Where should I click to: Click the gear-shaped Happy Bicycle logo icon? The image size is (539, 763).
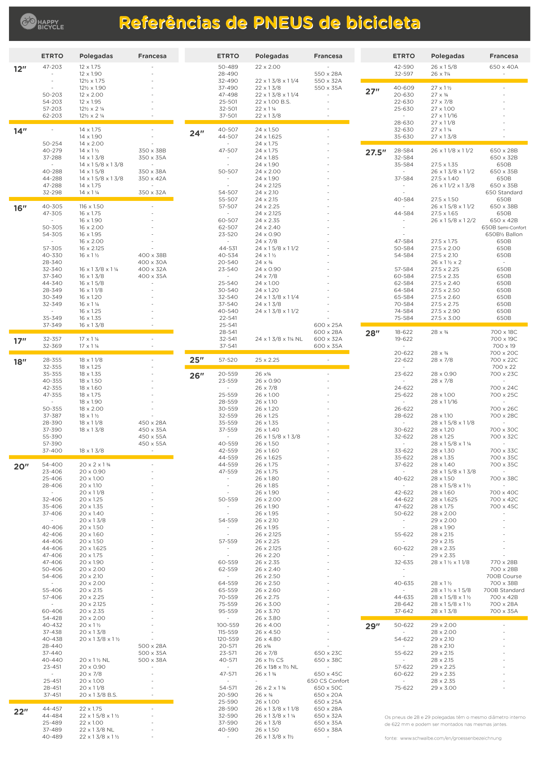pyautogui.click(x=28, y=21)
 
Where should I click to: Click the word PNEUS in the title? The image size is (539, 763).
pyautogui.click(x=283, y=23)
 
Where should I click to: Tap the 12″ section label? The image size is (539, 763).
pyautogui.click(x=20, y=69)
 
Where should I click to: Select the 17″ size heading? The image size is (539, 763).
pyautogui.click(x=20, y=341)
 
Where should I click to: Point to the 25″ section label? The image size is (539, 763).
pyautogui.click(x=197, y=360)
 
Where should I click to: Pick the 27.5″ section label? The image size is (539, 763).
pyautogui.click(x=376, y=152)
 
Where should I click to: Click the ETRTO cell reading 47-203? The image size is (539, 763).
pyautogui.click(x=52, y=67)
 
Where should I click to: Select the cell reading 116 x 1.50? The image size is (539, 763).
pyautogui.click(x=91, y=206)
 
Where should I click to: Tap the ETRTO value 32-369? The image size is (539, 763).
pyautogui.click(x=52, y=346)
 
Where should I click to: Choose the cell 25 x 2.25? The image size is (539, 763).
pyautogui.click(x=267, y=360)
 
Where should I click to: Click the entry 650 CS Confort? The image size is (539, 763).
pyautogui.click(x=328, y=681)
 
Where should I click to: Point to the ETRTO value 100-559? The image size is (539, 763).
pyautogui.click(x=228, y=625)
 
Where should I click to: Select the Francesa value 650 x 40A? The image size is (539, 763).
pyautogui.click(x=504, y=67)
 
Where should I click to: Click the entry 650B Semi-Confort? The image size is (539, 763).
pyautogui.click(x=504, y=227)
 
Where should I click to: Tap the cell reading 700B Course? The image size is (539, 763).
pyautogui.click(x=504, y=576)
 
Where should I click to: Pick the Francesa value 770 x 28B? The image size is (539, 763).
pyautogui.click(x=504, y=562)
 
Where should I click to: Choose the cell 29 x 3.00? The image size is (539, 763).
pyautogui.click(x=443, y=688)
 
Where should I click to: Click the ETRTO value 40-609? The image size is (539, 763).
pyautogui.click(x=404, y=88)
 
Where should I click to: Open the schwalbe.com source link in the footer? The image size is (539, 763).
pyautogui.click(x=451, y=738)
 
